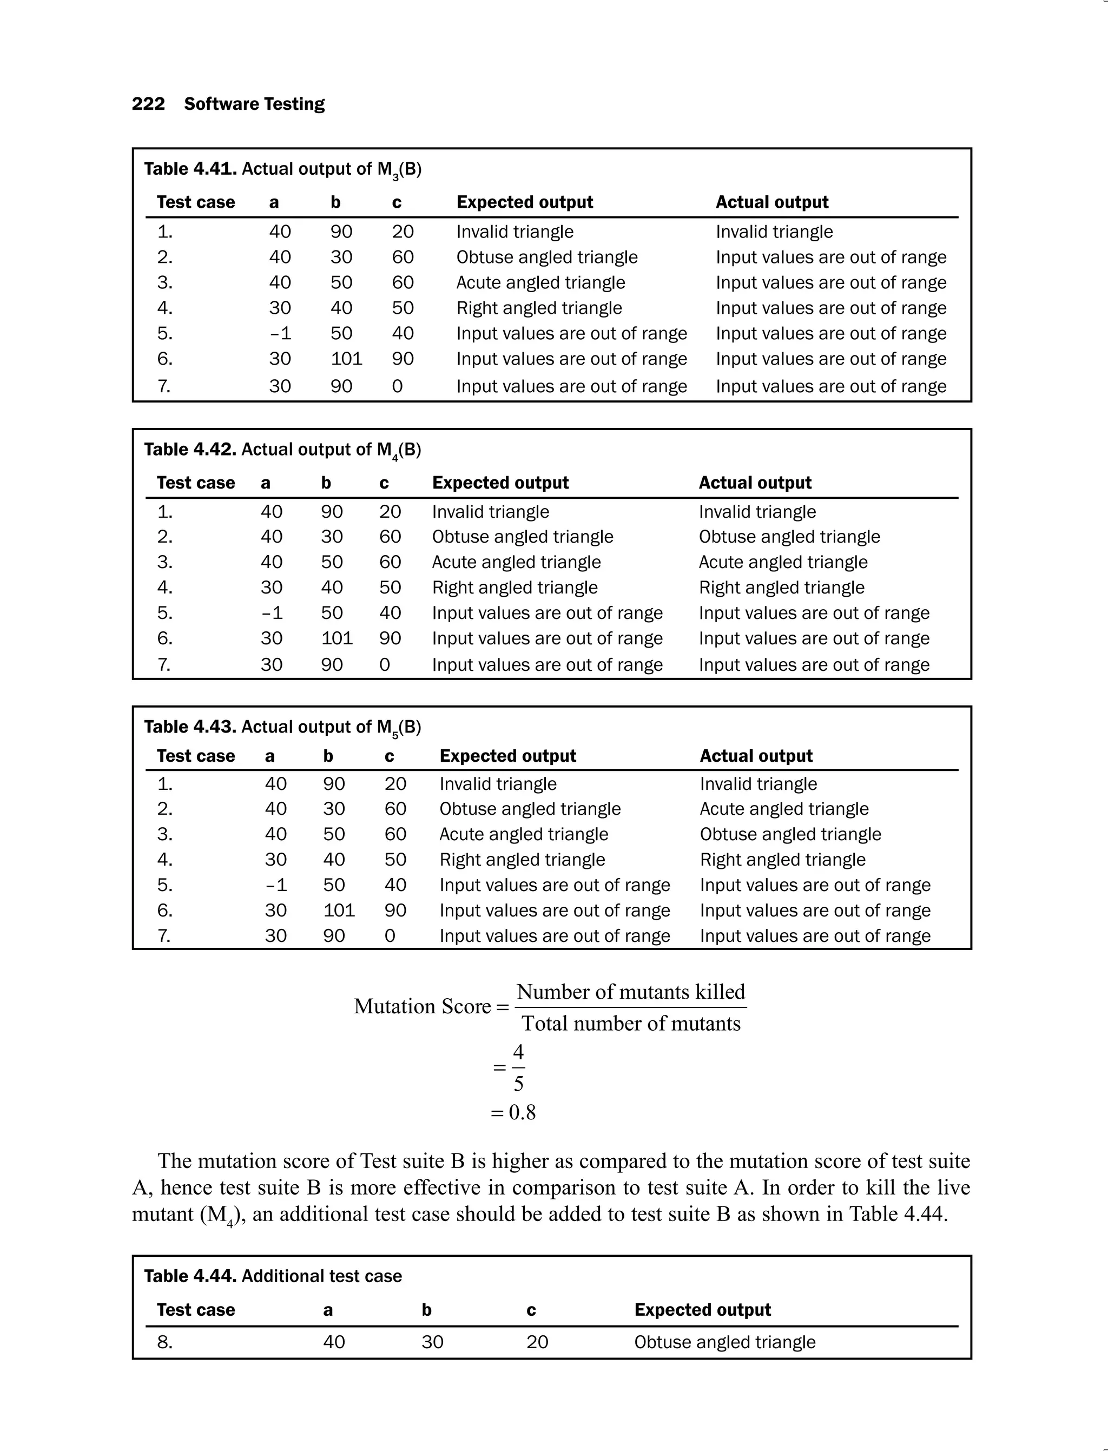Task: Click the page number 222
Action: (x=148, y=104)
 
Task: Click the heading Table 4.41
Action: (x=190, y=169)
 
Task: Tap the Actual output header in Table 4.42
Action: (x=755, y=483)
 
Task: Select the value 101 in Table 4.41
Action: (x=346, y=359)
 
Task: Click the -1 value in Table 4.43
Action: (x=276, y=885)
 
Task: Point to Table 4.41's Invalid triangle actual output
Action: (x=774, y=232)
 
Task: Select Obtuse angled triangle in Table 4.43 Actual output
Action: (x=790, y=834)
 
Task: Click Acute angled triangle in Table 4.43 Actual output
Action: (x=784, y=809)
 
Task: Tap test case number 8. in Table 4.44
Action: (x=165, y=1342)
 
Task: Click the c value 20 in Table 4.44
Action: (x=537, y=1342)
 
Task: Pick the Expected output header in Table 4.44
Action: (x=702, y=1310)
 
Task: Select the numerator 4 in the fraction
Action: (x=518, y=1051)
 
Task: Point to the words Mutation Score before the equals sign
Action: (x=422, y=1006)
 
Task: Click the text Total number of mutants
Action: (x=630, y=1024)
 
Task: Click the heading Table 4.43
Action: (x=190, y=727)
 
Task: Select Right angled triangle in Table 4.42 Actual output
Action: (x=782, y=588)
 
